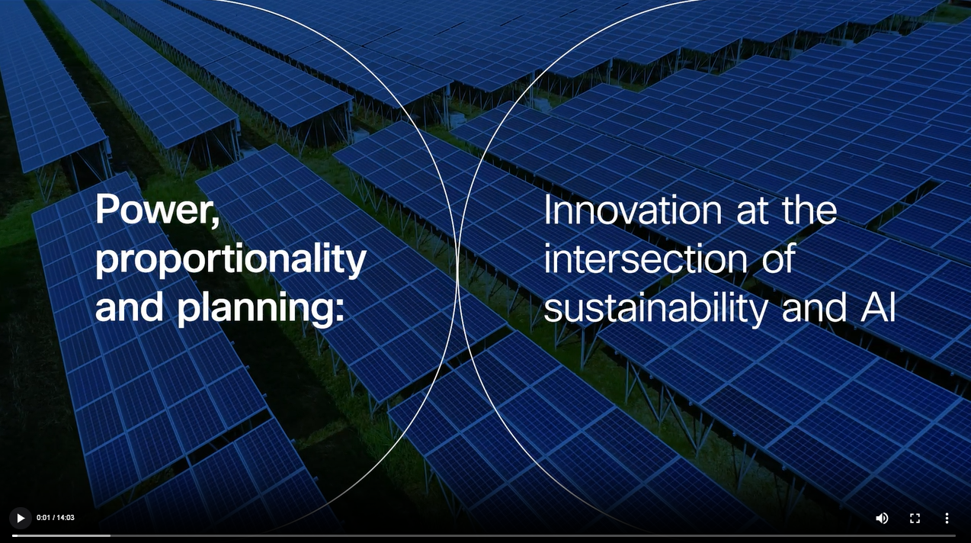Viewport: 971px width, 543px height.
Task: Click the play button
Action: (x=21, y=518)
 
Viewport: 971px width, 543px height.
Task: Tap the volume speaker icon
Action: (x=882, y=518)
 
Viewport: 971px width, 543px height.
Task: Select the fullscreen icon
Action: (x=915, y=518)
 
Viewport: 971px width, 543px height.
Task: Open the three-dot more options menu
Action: (x=947, y=518)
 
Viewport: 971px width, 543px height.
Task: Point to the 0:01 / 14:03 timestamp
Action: (x=56, y=518)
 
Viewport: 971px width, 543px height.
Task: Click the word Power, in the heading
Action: (x=158, y=210)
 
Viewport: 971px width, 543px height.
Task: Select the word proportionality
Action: (x=231, y=259)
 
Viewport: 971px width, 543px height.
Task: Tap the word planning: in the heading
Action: (x=261, y=308)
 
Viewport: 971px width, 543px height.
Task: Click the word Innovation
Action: (x=633, y=210)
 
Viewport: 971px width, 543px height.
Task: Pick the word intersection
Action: (x=646, y=258)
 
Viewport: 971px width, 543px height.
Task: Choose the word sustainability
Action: (x=655, y=308)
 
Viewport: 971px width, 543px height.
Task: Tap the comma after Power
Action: (x=216, y=220)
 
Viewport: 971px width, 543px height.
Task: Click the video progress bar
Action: (x=484, y=536)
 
